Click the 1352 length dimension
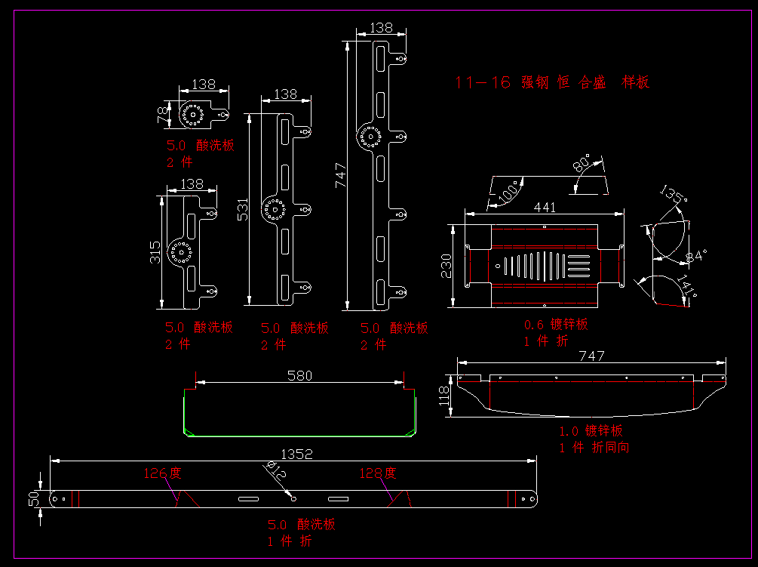click(296, 455)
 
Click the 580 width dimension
click(299, 375)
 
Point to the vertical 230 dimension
click(447, 266)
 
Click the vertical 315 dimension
click(155, 252)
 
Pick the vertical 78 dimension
click(161, 115)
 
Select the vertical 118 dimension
click(444, 395)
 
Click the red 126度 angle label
click(162, 473)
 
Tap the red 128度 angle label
click(377, 473)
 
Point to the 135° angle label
click(673, 194)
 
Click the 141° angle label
click(686, 287)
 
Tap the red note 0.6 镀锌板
click(556, 325)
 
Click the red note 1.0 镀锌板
click(591, 431)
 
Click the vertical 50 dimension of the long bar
click(33, 498)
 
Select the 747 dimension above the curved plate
click(591, 357)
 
